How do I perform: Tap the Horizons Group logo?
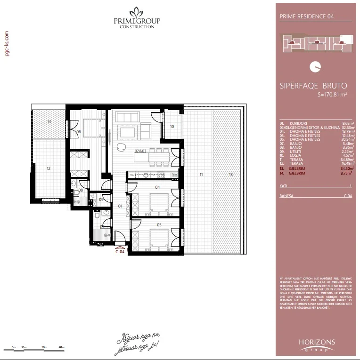[x=317, y=344]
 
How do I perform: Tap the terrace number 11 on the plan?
[x=201, y=175]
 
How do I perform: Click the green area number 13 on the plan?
[x=230, y=175]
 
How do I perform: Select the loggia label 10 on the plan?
[x=172, y=127]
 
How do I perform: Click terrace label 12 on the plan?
[x=48, y=168]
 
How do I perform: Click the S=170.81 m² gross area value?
[x=333, y=94]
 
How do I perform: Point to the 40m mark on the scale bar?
[x=61, y=347]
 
